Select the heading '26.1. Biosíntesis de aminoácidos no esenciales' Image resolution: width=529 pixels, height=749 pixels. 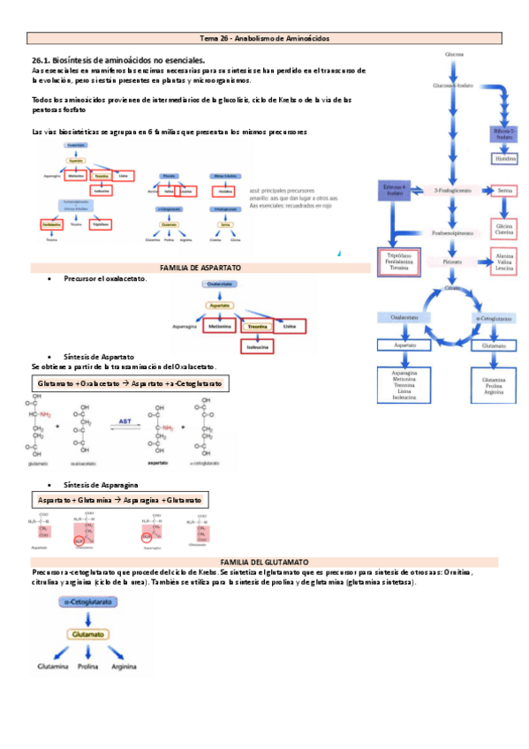pos(118,58)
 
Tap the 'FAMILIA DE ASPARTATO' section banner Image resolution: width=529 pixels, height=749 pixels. pos(200,267)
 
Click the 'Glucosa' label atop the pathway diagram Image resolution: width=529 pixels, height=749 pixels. pos(455,52)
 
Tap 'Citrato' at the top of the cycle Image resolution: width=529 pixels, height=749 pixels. pos(453,289)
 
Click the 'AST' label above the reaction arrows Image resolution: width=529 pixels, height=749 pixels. pos(125,422)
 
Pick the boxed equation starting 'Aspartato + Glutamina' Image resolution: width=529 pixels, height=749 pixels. pos(119,500)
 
